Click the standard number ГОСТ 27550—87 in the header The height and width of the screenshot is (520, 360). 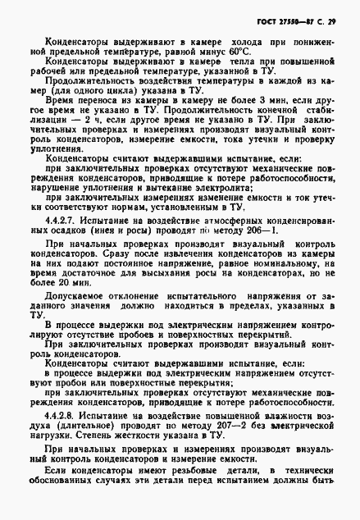click(298, 17)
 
